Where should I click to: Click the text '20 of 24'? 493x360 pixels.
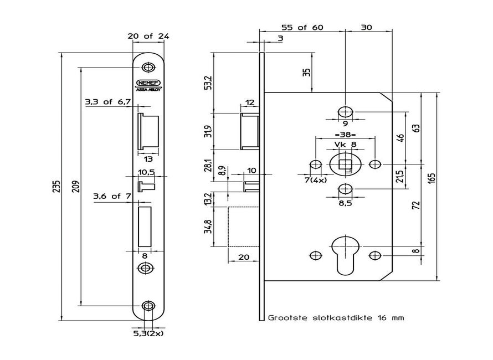147,36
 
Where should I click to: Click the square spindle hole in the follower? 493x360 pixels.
345,163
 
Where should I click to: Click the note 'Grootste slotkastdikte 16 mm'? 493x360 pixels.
336,318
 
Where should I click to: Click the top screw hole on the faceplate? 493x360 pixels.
147,68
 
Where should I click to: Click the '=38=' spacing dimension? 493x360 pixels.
345,135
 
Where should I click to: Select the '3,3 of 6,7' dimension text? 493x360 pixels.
107,102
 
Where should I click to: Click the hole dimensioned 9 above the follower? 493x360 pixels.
345,110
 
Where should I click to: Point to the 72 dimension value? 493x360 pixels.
416,205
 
